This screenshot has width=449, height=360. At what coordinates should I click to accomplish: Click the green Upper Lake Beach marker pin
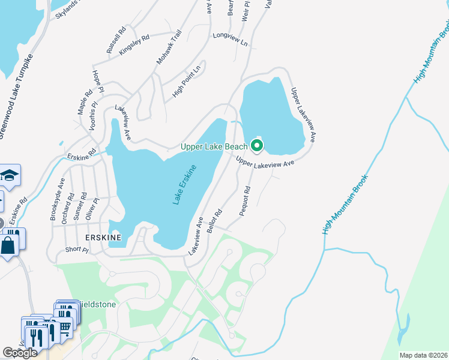point(257,145)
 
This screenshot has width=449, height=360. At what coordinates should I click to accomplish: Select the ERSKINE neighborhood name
point(103,238)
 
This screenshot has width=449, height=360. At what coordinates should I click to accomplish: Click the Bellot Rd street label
point(214,221)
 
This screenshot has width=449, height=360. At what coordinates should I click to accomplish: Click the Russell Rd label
point(116,40)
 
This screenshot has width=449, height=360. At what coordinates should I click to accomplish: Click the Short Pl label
point(77,250)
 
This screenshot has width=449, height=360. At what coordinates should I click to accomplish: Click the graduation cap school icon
point(10,175)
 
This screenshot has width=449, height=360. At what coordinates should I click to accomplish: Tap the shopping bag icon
point(8,246)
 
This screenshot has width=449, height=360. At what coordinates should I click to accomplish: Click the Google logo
point(20,353)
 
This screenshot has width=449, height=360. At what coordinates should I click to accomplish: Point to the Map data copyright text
point(423,355)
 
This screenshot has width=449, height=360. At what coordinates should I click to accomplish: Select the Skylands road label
point(67,9)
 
